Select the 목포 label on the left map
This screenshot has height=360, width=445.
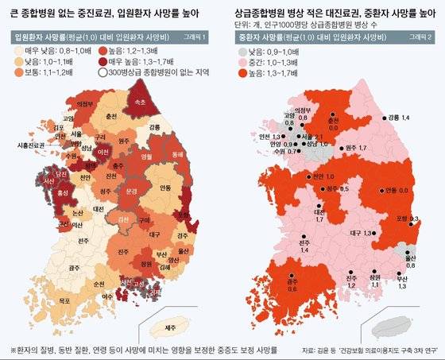point(37,301)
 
